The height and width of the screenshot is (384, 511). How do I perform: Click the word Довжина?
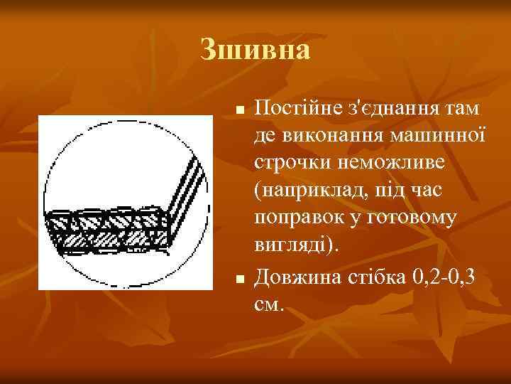tap(297, 274)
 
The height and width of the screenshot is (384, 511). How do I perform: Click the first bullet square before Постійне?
tap(241, 112)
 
